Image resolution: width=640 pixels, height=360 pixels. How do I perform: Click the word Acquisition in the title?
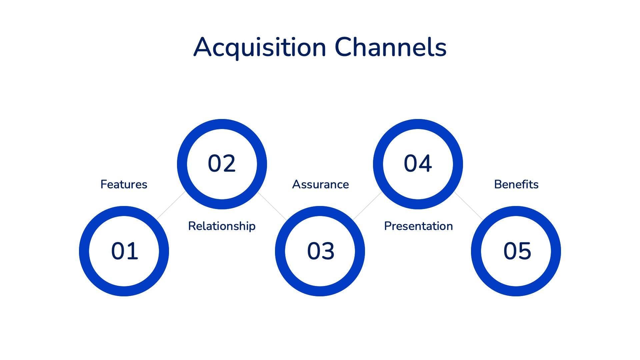pos(259,47)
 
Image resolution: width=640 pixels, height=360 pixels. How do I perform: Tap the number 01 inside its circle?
pos(124,251)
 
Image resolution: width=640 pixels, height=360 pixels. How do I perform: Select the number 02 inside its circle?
pos(222,164)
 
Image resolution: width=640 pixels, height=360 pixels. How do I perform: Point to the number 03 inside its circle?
pos(320,251)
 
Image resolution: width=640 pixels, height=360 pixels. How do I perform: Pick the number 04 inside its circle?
pos(418,164)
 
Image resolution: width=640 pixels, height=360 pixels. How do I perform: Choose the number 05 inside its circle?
pos(517,251)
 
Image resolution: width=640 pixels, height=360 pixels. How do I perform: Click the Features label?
pos(124,184)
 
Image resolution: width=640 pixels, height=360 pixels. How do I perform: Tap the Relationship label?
pos(222,226)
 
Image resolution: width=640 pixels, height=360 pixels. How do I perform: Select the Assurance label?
pos(320,184)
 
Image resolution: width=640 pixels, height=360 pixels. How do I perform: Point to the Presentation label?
pos(418,226)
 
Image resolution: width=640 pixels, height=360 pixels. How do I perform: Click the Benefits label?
pos(516,184)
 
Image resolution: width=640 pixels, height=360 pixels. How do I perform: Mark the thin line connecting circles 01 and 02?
pos(171,205)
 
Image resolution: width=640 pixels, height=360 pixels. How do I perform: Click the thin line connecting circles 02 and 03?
pos(272,206)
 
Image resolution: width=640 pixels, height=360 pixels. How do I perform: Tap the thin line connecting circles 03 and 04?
pos(367,206)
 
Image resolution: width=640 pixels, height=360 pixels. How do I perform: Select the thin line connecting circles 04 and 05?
pos(468,206)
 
